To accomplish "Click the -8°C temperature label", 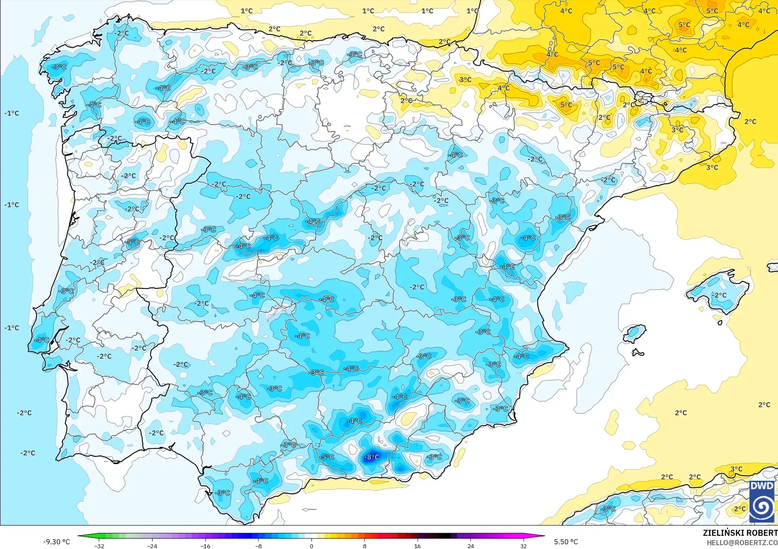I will click(372, 457).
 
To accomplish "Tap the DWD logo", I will click(762, 501).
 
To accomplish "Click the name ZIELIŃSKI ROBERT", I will click(740, 533).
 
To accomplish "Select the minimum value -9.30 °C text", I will click(56, 542).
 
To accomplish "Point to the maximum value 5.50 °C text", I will click(566, 542).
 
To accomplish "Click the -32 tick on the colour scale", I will click(99, 546).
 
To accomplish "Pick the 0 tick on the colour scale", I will click(311, 546).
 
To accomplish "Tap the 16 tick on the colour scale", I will click(417, 546).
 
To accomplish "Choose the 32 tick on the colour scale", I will click(523, 546).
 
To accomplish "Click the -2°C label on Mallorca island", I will click(720, 295).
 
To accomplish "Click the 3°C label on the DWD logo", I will click(736, 469).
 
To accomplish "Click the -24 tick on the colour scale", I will click(152, 546).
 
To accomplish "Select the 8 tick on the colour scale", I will click(364, 546).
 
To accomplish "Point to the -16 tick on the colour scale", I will click(205, 546).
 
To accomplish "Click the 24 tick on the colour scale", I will click(470, 546).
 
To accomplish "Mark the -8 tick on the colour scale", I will click(258, 546).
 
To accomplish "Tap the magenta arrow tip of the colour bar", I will click(543, 536).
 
